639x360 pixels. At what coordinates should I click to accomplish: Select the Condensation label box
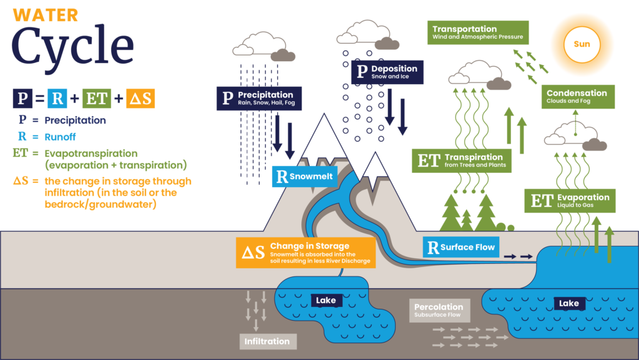[578, 96]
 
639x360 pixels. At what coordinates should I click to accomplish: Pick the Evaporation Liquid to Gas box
[570, 201]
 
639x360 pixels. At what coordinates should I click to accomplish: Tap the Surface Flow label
[461, 247]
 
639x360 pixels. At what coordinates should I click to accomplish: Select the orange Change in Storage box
[306, 253]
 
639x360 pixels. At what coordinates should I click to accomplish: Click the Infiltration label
[267, 341]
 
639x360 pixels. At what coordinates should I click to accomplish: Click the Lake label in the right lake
[569, 303]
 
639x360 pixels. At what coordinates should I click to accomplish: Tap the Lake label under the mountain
[326, 301]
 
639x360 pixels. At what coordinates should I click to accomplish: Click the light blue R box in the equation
[57, 98]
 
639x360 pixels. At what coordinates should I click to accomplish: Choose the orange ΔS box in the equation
[140, 98]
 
